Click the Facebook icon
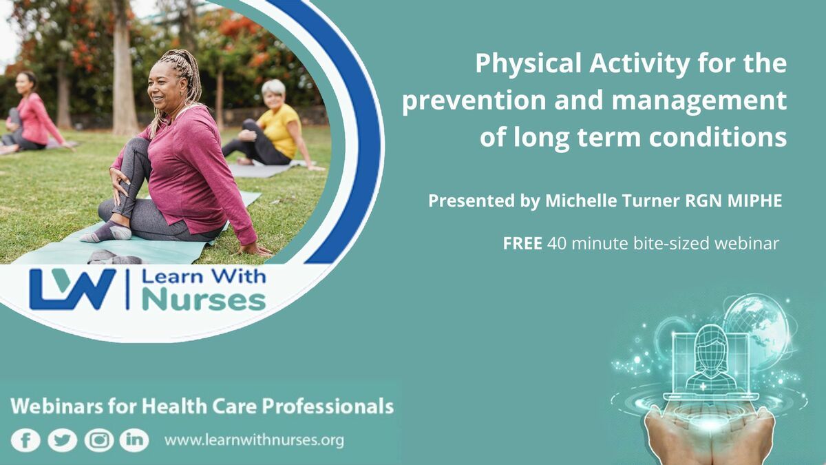[25, 440]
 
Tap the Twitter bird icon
[63, 440]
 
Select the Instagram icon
[99, 440]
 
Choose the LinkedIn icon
[134, 440]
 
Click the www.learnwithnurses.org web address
[254, 440]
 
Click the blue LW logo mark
[73, 289]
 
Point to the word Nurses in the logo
[204, 301]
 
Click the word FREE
[522, 243]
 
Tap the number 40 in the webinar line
[557, 243]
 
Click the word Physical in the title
[529, 64]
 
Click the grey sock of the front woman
[107, 232]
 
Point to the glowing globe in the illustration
[756, 327]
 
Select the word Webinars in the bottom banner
[56, 406]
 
